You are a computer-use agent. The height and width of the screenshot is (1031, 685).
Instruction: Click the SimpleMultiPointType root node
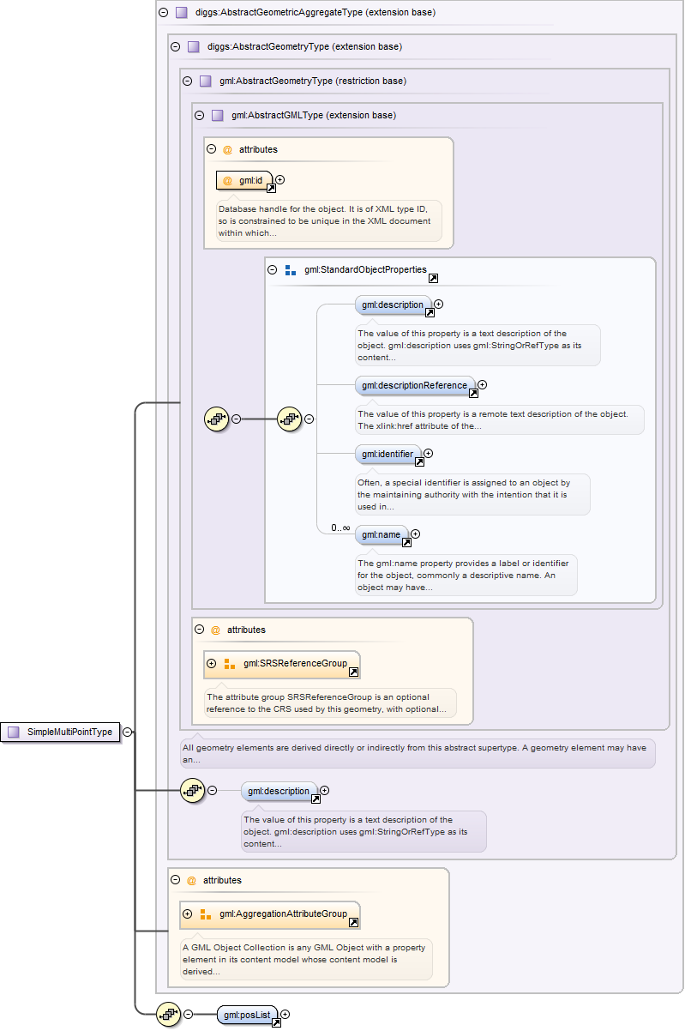[62, 732]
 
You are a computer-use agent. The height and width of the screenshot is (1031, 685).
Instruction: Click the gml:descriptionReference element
[415, 385]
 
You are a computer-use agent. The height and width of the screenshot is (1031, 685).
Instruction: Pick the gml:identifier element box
[388, 454]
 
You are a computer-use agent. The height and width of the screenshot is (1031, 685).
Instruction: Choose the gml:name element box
[382, 534]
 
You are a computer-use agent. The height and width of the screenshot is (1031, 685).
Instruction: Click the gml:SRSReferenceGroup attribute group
[288, 663]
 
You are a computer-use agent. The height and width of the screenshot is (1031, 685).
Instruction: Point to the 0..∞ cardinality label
[340, 528]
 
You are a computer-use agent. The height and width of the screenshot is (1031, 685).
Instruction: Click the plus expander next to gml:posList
[285, 1015]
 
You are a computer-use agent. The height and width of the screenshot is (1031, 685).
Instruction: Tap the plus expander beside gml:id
[279, 180]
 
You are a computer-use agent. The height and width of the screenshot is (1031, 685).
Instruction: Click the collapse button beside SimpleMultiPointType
[127, 732]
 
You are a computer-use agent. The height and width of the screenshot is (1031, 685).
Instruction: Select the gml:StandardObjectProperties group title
[365, 269]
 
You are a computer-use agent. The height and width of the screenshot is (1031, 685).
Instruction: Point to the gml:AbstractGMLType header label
[313, 115]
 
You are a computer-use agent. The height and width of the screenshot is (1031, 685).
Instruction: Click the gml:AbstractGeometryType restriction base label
[312, 81]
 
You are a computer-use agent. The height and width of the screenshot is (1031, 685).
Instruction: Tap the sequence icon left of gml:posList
[168, 1015]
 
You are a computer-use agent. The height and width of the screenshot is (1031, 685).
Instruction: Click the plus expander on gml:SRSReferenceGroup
[212, 663]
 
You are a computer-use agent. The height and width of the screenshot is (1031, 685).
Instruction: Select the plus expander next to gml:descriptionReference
[482, 385]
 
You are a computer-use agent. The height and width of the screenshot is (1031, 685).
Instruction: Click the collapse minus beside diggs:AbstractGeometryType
[176, 46]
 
